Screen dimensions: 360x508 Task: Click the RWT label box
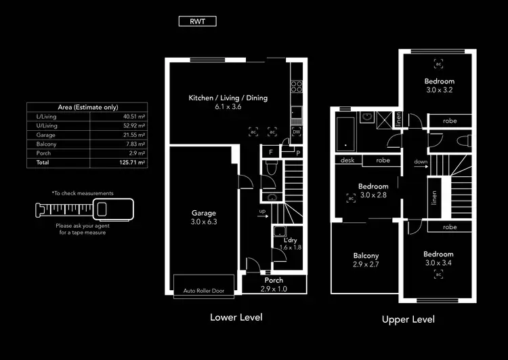[x=198, y=21]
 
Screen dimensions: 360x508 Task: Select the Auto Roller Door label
[x=204, y=292]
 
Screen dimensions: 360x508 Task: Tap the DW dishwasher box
[x=296, y=132]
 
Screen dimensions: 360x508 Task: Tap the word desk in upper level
[x=347, y=161]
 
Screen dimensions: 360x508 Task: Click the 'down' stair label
[x=421, y=162]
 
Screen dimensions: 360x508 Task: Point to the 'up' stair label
[x=262, y=212]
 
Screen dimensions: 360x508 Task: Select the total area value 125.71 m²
[x=133, y=163]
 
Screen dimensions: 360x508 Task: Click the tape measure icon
[x=83, y=209]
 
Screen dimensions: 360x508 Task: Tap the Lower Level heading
[x=236, y=317]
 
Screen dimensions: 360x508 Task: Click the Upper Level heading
[x=408, y=319]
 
